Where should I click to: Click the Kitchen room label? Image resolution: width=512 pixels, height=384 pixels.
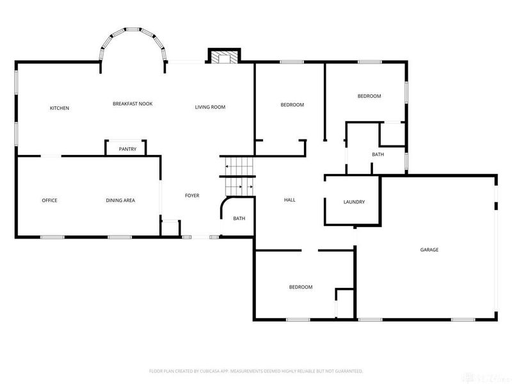click(60, 108)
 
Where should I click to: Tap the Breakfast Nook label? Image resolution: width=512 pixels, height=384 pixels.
click(132, 104)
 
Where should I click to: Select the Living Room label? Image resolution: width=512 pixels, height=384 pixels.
click(210, 107)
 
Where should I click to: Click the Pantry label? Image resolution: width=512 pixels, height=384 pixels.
click(127, 149)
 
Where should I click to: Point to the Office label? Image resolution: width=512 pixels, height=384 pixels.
click(50, 200)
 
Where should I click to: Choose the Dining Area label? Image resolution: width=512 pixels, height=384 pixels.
click(120, 200)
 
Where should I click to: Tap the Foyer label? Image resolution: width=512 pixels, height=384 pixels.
click(192, 196)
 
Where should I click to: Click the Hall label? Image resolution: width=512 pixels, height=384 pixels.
click(290, 200)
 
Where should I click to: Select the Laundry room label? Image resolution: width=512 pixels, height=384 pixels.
click(355, 202)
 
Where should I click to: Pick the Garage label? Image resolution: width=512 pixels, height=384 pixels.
click(429, 250)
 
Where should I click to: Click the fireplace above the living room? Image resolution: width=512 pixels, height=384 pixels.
click(224, 56)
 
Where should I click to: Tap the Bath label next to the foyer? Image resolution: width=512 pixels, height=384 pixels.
click(239, 218)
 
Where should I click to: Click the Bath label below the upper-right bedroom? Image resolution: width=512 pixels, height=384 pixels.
click(378, 154)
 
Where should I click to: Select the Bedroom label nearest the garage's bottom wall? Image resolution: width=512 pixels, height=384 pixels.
click(301, 287)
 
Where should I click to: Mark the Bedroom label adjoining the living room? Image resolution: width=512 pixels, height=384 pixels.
click(292, 105)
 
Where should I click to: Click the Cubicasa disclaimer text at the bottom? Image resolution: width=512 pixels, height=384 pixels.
click(256, 371)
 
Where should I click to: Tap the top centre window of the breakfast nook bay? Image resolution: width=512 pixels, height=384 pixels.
click(132, 29)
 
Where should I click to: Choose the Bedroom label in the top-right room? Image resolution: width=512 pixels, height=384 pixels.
click(369, 96)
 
